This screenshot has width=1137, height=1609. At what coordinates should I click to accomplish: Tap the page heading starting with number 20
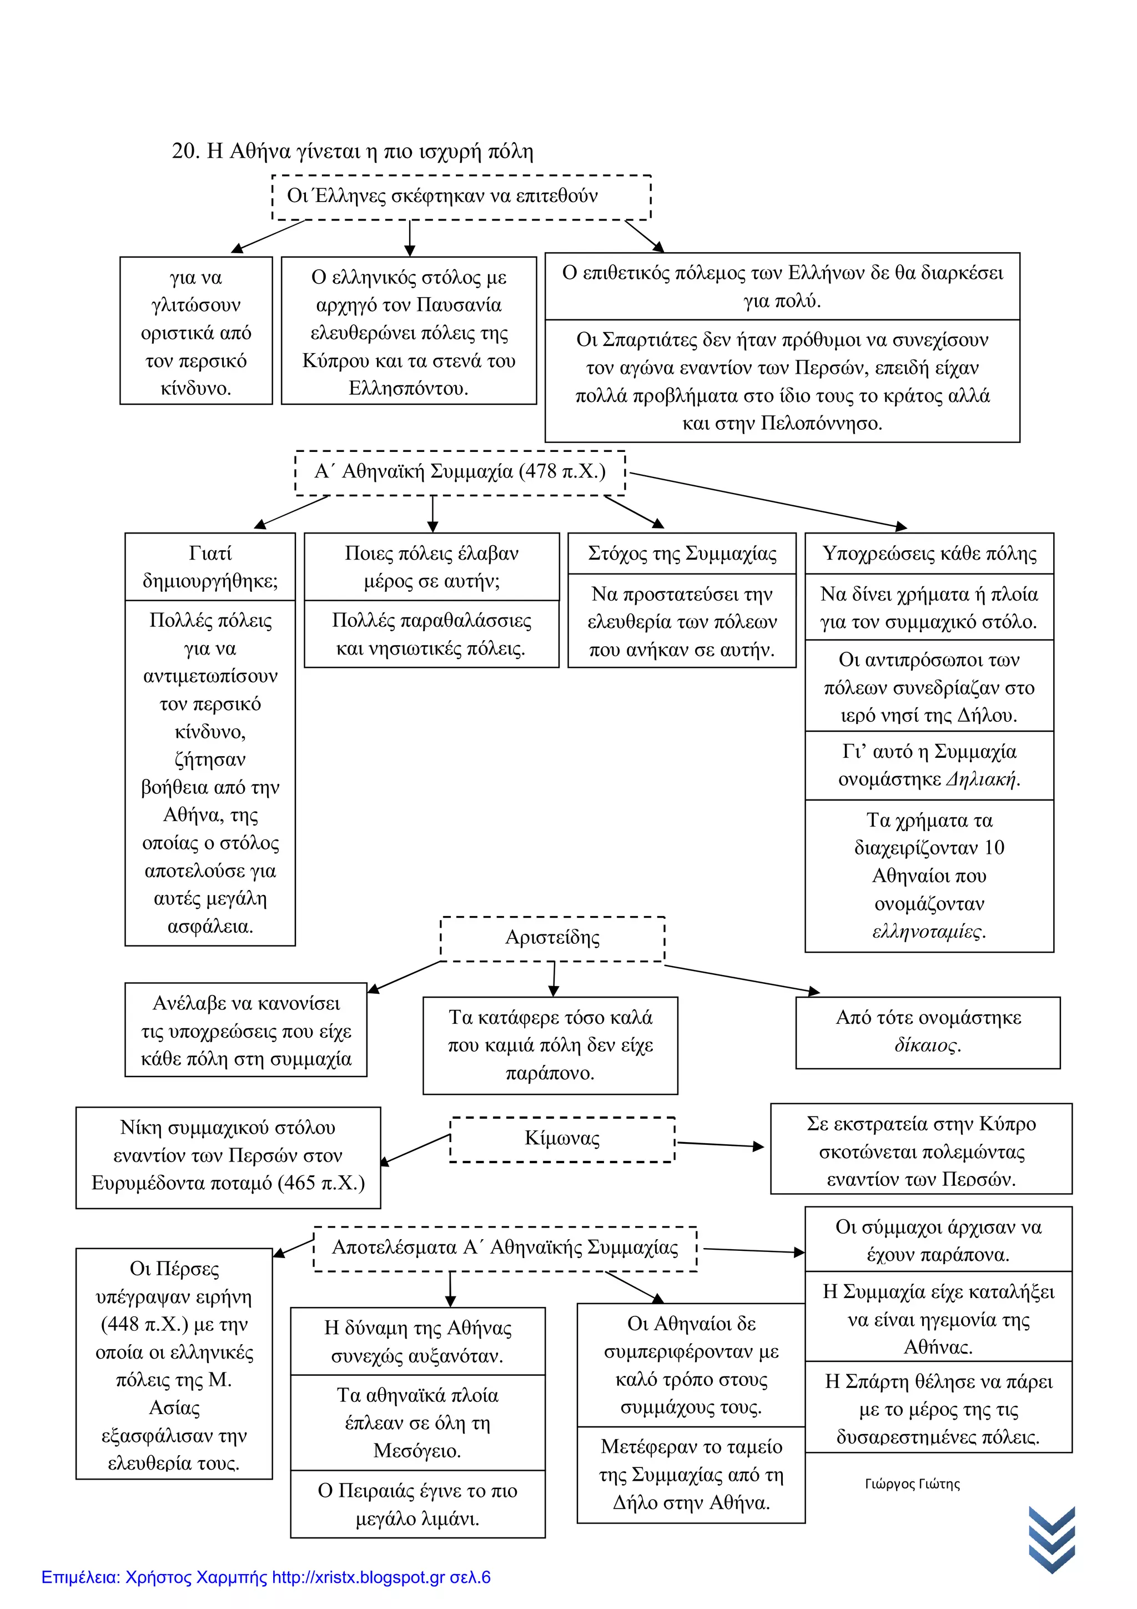point(353,152)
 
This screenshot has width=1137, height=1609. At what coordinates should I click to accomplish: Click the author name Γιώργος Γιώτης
point(912,1484)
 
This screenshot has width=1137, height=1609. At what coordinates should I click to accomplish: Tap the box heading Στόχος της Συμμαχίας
point(682,554)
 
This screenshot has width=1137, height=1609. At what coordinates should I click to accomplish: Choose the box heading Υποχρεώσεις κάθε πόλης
point(929,554)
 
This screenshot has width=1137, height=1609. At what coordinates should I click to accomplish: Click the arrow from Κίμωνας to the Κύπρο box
point(720,1144)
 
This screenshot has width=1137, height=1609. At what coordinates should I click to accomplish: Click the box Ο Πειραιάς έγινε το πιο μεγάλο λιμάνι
point(417,1505)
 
